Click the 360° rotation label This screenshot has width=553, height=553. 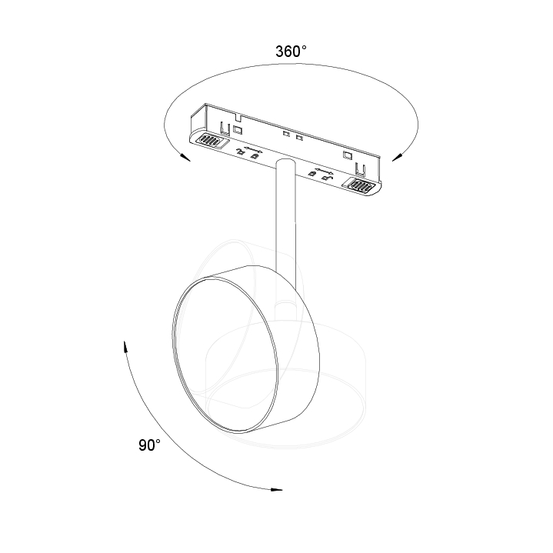[291, 52]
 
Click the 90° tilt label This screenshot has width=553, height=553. [149, 445]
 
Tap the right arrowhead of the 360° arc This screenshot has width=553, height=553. [397, 158]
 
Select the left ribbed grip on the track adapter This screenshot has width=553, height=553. [208, 141]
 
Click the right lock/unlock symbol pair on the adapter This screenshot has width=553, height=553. [321, 175]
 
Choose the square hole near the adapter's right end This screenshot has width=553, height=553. [349, 156]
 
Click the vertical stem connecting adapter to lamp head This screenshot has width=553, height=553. [282, 223]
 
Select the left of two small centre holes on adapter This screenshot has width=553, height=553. [286, 135]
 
